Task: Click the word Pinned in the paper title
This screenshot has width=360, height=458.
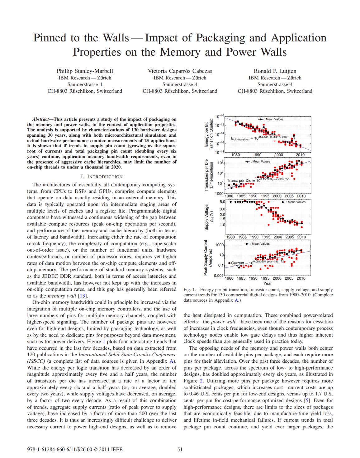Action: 49,38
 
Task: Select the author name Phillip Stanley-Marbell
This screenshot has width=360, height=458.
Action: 85,71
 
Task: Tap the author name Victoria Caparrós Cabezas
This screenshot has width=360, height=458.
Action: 180,71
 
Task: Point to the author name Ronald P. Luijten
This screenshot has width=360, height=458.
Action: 275,71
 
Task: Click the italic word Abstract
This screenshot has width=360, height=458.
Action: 40,119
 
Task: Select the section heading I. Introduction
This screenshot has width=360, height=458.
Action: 102,177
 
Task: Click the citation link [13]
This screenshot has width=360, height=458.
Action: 82,296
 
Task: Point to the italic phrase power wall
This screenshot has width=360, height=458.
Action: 222,322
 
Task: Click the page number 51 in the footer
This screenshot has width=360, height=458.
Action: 180,449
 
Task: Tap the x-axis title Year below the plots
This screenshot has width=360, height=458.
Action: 267,283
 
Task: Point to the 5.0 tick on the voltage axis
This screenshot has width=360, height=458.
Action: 222,202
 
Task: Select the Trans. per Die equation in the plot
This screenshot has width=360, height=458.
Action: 258,180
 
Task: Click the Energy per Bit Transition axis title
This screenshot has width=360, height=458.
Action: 208,134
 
